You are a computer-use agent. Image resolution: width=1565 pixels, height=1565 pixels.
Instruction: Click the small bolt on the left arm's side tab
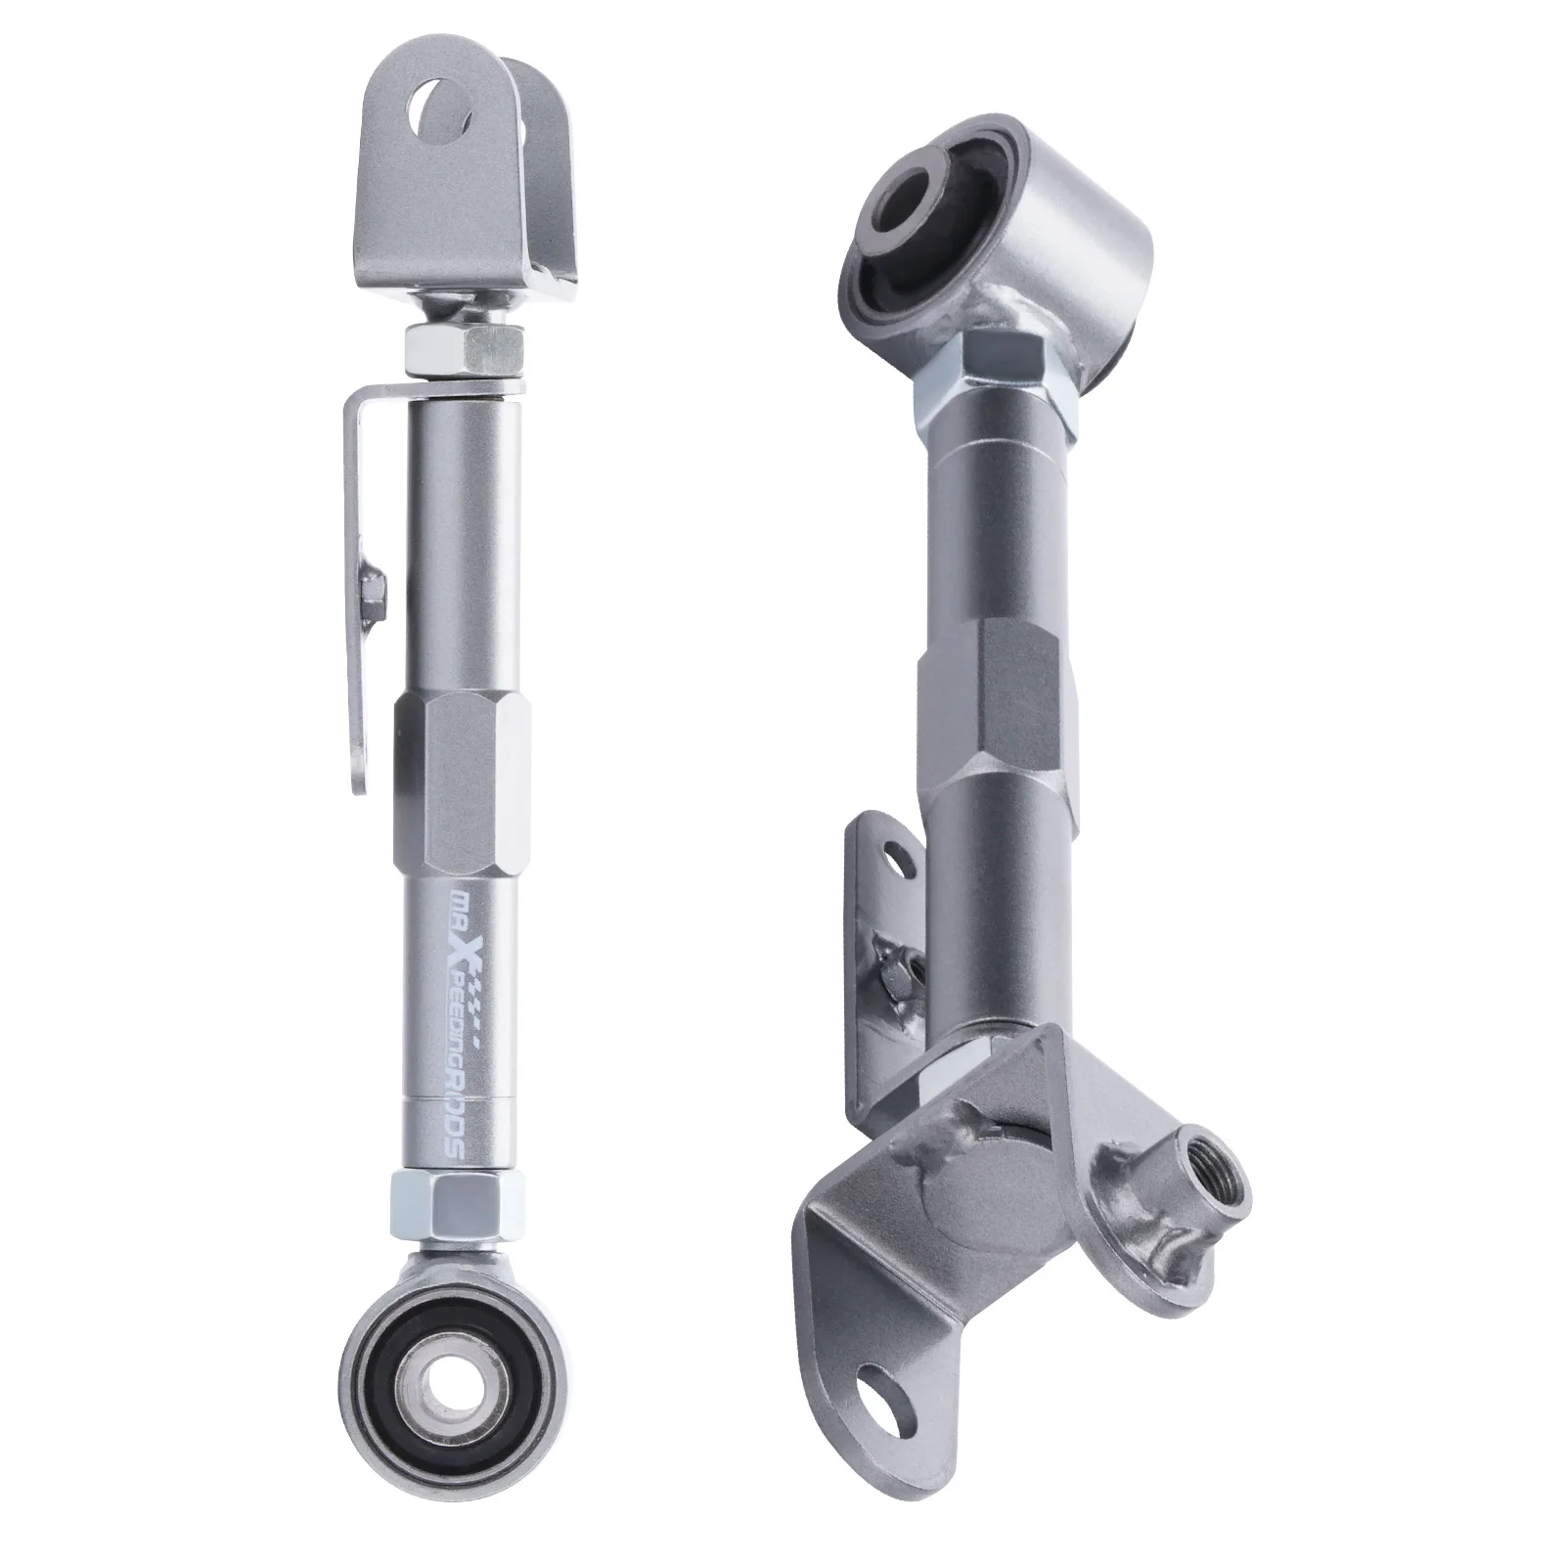coord(372,592)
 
